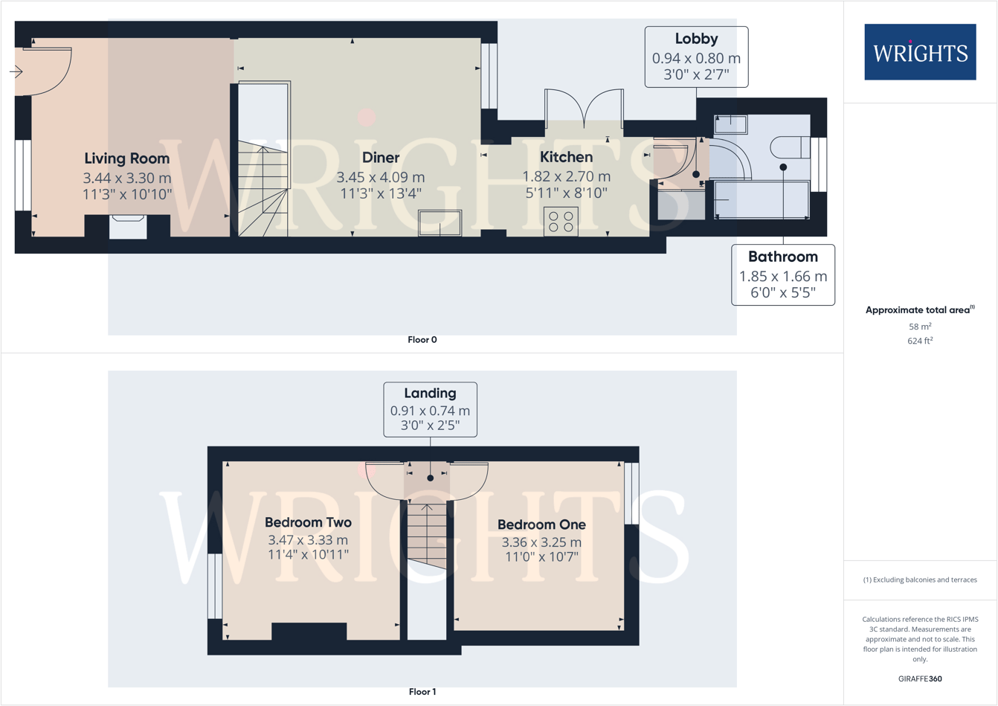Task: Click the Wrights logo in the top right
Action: point(920,52)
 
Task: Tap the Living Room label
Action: point(127,158)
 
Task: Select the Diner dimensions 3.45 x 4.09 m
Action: point(381,178)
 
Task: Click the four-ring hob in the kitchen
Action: point(561,222)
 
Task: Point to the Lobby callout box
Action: point(696,57)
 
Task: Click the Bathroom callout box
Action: point(783,275)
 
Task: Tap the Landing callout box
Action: point(430,409)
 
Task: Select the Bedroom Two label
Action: point(308,522)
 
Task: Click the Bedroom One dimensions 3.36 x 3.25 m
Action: point(541,543)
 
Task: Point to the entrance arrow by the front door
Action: point(16,72)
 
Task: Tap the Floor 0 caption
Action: point(422,340)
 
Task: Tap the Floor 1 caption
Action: point(422,692)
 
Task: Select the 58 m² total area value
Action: point(920,327)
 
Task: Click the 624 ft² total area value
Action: point(920,341)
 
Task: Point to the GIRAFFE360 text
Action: point(920,678)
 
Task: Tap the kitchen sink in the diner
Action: point(440,223)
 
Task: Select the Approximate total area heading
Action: point(920,310)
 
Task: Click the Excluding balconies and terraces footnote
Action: point(920,580)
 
